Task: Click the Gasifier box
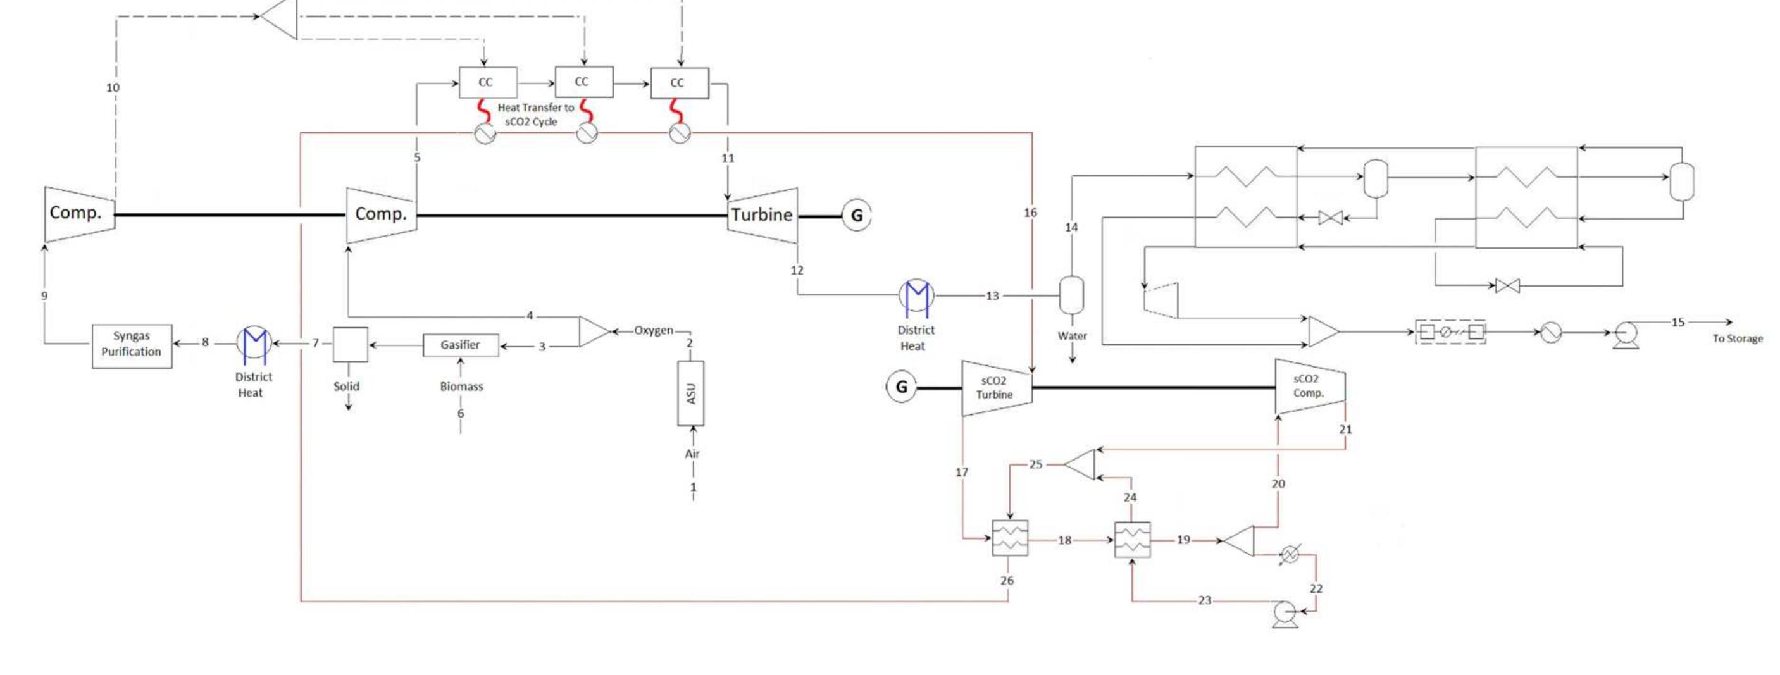(460, 345)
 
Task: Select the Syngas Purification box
(131, 345)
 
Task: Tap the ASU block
(690, 393)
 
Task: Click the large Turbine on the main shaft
(762, 215)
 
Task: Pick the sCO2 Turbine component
(995, 388)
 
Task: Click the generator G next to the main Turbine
(856, 216)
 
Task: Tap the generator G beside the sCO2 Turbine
(901, 387)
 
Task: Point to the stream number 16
(1030, 213)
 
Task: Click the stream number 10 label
(113, 88)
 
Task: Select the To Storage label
(1736, 338)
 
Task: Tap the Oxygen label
(653, 330)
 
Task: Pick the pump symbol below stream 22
(1285, 614)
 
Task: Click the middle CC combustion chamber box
(583, 82)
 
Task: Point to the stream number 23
(1204, 600)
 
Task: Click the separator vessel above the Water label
(1071, 295)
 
